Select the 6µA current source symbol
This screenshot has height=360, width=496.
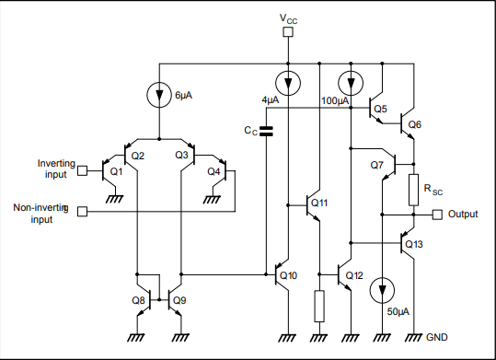[160, 94]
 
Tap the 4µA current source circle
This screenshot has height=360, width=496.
[289, 84]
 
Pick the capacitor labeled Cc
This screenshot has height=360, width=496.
[266, 132]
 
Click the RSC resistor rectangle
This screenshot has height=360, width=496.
[413, 189]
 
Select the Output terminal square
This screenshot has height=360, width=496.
[437, 215]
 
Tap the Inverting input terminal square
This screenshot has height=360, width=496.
[82, 170]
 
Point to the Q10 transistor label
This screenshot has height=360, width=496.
[288, 275]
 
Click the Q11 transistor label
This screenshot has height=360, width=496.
[318, 203]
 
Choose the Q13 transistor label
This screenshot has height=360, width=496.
[414, 244]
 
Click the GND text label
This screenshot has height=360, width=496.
[436, 338]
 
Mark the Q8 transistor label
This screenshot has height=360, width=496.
[138, 299]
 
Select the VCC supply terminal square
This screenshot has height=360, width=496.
[288, 32]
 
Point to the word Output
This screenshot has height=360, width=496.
[463, 215]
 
